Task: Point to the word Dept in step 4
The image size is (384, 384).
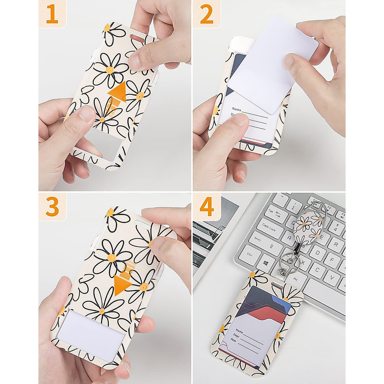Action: coord(236,336)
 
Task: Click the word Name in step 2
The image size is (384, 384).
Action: coord(237,109)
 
